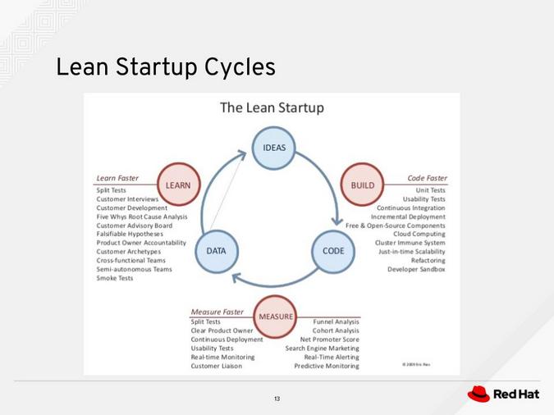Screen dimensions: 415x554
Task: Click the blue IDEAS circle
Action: pyautogui.click(x=273, y=148)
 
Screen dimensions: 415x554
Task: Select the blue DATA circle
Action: pyautogui.click(x=216, y=250)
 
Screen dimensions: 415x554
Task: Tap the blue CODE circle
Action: pyautogui.click(x=333, y=250)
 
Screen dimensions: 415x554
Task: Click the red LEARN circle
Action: pyautogui.click(x=177, y=185)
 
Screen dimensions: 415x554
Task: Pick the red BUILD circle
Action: pyautogui.click(x=362, y=185)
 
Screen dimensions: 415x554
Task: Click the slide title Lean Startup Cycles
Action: pyautogui.click(x=165, y=67)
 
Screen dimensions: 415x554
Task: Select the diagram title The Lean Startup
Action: pyautogui.click(x=272, y=107)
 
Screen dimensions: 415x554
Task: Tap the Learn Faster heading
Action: pyautogui.click(x=117, y=178)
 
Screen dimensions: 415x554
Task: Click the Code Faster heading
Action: pyautogui.click(x=427, y=178)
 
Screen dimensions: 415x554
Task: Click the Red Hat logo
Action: pyautogui.click(x=503, y=394)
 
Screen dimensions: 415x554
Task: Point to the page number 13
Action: pyautogui.click(x=277, y=399)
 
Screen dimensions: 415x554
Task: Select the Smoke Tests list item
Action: pyautogui.click(x=115, y=278)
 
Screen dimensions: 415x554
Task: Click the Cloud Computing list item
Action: pyautogui.click(x=419, y=234)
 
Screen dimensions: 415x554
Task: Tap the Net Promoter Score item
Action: pyautogui.click(x=329, y=340)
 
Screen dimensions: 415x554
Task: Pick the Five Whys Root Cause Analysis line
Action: pyautogui.click(x=142, y=217)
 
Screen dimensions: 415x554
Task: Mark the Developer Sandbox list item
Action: pyautogui.click(x=416, y=269)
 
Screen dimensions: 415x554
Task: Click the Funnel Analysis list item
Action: pyautogui.click(x=336, y=322)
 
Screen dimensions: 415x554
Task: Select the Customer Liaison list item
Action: pyautogui.click(x=217, y=366)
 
